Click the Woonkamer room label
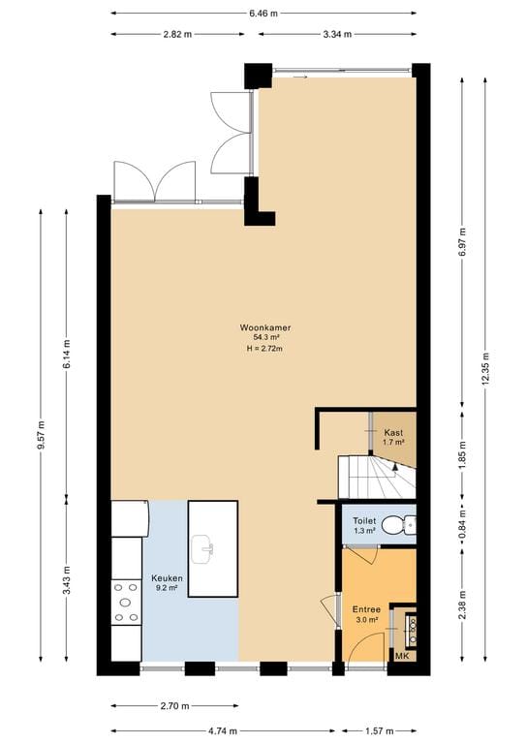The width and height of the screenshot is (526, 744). pyautogui.click(x=265, y=327)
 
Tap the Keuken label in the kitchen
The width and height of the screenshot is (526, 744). pyautogui.click(x=167, y=578)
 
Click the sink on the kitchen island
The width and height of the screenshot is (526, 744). pyautogui.click(x=202, y=549)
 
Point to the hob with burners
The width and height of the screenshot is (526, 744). pyautogui.click(x=126, y=603)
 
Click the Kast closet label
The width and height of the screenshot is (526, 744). pyautogui.click(x=393, y=432)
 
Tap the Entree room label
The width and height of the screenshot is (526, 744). pyautogui.click(x=366, y=609)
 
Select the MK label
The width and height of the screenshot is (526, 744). pyautogui.click(x=402, y=656)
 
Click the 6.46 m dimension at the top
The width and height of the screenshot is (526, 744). pyautogui.click(x=263, y=14)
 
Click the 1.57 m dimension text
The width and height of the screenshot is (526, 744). pyautogui.click(x=380, y=730)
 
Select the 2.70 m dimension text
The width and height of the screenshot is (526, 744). pyautogui.click(x=175, y=706)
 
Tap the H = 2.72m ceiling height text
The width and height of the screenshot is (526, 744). pyautogui.click(x=264, y=349)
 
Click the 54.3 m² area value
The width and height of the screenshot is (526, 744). pyautogui.click(x=265, y=338)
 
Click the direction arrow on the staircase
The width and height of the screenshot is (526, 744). pyautogui.click(x=394, y=467)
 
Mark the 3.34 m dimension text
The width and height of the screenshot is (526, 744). pyautogui.click(x=337, y=34)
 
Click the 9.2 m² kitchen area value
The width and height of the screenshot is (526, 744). pyautogui.click(x=167, y=588)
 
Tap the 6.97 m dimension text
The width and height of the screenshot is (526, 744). pyautogui.click(x=463, y=242)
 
